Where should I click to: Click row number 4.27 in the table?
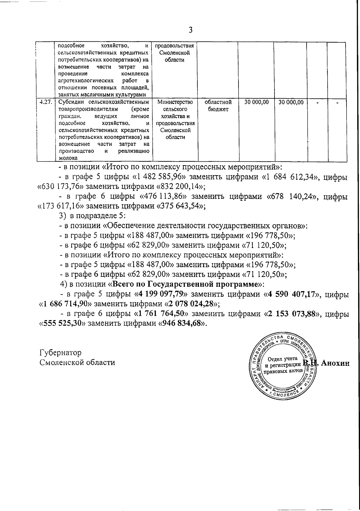(x=46, y=102)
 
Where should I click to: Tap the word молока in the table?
(x=68, y=158)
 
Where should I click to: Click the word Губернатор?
(x=60, y=352)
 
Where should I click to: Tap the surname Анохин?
(x=335, y=363)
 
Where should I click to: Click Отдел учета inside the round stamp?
(x=282, y=359)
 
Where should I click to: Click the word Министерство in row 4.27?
(x=175, y=102)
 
